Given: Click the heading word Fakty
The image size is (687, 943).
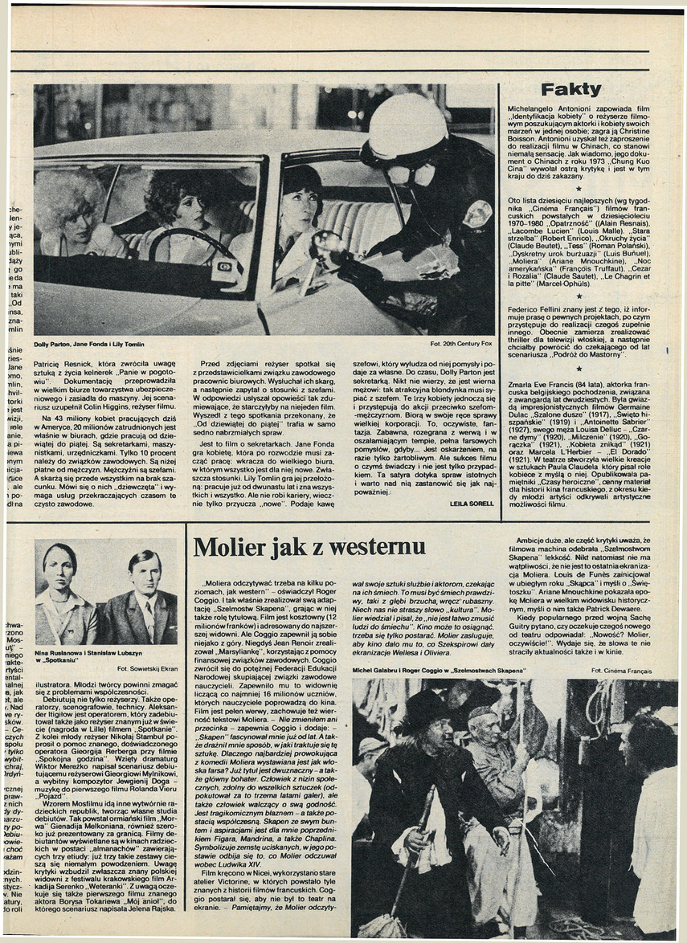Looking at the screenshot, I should pyautogui.click(x=570, y=89).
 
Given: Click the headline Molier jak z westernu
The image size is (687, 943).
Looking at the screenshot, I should pyautogui.click(x=298, y=547).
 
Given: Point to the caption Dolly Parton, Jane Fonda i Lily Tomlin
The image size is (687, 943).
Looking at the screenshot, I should pyautogui.click(x=88, y=344).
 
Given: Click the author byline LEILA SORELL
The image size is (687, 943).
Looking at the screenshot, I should pyautogui.click(x=471, y=503).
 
